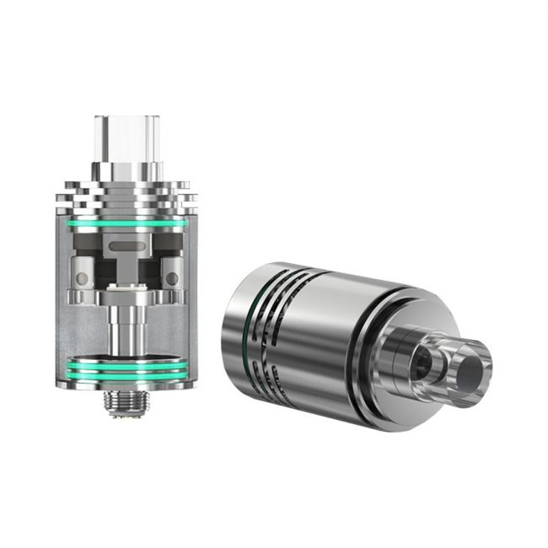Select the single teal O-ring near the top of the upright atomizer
coord(126,223)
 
